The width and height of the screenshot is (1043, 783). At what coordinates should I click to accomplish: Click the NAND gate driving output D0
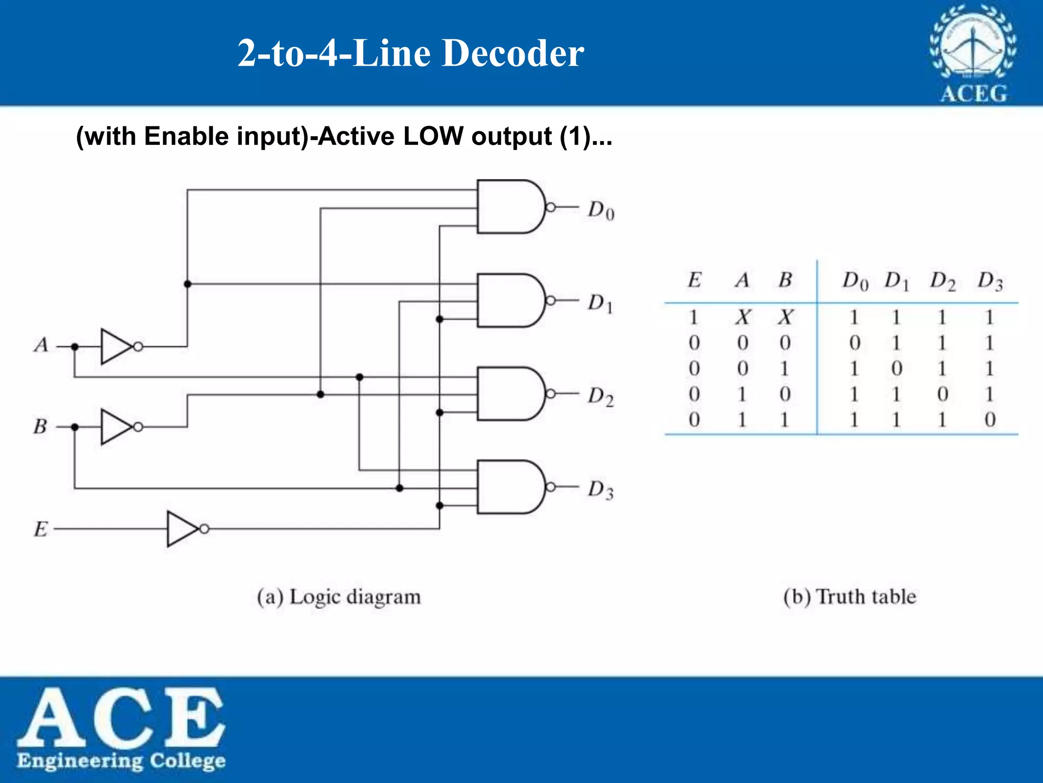[x=509, y=206]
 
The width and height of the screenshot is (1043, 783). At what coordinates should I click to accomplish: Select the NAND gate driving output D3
[x=509, y=487]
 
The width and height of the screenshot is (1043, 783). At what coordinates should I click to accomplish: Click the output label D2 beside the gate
[x=600, y=397]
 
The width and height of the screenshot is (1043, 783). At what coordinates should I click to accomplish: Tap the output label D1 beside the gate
[x=600, y=303]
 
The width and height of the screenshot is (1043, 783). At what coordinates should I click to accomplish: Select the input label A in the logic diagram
[x=41, y=346]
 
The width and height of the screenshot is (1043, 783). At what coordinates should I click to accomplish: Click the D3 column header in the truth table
[x=990, y=281]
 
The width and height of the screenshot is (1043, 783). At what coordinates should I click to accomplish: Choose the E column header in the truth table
[x=694, y=280]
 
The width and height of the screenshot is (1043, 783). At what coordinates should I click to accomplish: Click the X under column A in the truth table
[x=743, y=318]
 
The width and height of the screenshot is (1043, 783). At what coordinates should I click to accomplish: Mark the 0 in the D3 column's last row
[x=990, y=420]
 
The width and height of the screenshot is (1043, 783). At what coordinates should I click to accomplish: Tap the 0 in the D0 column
[x=855, y=343]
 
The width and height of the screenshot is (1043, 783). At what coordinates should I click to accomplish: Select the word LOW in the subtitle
[x=433, y=136]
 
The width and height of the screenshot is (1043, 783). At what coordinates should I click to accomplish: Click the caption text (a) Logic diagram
[x=339, y=596]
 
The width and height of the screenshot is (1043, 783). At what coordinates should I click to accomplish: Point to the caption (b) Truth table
[x=849, y=596]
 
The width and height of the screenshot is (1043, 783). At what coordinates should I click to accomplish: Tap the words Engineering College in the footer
[x=121, y=761]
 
